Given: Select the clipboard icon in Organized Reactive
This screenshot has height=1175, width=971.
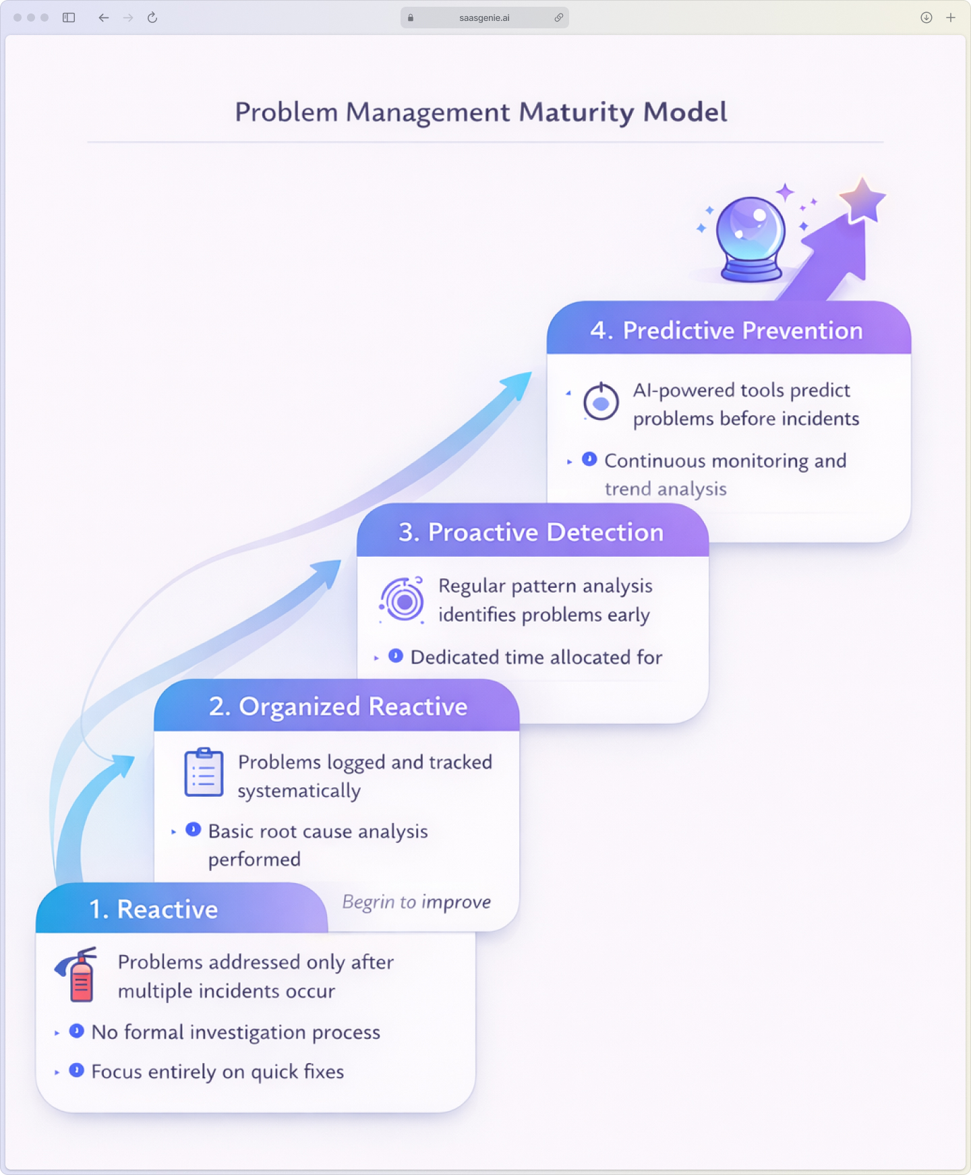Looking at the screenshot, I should tap(204, 773).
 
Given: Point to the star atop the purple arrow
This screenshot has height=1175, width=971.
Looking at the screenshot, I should tap(862, 200).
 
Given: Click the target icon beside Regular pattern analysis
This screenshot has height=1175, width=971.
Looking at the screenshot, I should tap(403, 600).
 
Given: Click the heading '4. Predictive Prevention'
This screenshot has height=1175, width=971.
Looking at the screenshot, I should tap(726, 330).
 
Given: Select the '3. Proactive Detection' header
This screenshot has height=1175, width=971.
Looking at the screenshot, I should tap(531, 532).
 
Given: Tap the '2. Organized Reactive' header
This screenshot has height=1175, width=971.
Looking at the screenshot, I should tap(338, 706).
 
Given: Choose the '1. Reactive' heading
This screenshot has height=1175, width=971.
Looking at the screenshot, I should tap(154, 909).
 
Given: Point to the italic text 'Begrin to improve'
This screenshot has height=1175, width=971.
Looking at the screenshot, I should tap(416, 902).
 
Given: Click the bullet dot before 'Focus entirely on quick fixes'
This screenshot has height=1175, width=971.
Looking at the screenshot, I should tap(77, 1071).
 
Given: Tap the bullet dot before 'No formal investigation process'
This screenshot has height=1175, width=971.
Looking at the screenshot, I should tap(77, 1031).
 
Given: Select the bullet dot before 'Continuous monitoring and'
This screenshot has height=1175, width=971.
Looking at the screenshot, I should tap(589, 459).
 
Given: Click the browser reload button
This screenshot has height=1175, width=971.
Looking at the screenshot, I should tap(152, 18).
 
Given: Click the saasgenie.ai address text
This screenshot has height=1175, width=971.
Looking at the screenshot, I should tap(484, 18).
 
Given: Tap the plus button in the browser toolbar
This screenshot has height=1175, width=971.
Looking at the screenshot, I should tap(951, 18).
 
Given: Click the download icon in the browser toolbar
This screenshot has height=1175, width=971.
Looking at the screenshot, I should tap(926, 18).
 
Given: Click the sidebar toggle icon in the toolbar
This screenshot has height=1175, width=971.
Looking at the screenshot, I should tap(69, 18).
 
